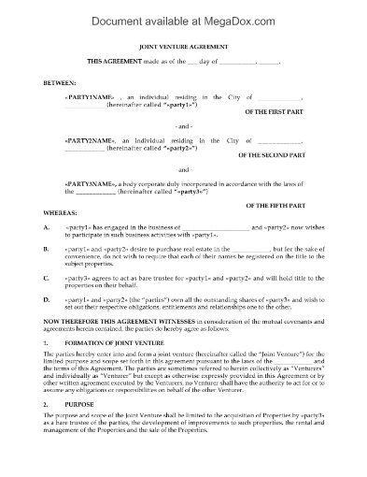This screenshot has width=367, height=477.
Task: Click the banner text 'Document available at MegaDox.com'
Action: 183,13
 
